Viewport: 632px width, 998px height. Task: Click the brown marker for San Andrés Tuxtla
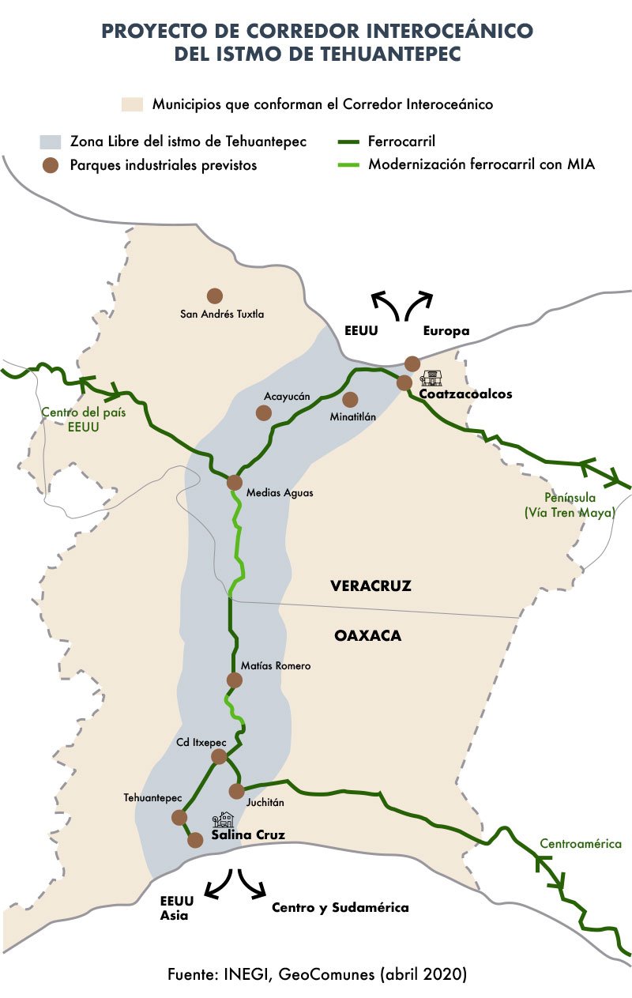pyautogui.click(x=214, y=296)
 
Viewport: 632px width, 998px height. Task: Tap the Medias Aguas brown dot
pyautogui.click(x=235, y=482)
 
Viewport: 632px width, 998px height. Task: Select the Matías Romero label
pyautogui.click(x=281, y=666)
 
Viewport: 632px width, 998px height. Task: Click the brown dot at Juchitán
pyautogui.click(x=235, y=791)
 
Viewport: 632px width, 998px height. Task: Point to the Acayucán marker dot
pyautogui.click(x=264, y=412)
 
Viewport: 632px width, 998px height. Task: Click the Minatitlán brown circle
pyautogui.click(x=350, y=400)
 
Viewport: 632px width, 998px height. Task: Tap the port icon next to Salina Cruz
pyautogui.click(x=226, y=819)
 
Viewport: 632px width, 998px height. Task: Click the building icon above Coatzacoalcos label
pyautogui.click(x=431, y=377)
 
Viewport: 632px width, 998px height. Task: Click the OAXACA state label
pyautogui.click(x=367, y=635)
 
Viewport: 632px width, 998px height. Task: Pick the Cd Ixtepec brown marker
pyautogui.click(x=220, y=757)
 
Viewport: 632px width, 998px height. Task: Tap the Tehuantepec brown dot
pyautogui.click(x=179, y=817)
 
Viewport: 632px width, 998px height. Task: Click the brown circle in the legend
pyautogui.click(x=51, y=165)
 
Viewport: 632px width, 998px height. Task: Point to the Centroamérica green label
pyautogui.click(x=581, y=844)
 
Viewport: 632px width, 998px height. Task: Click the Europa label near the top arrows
pyautogui.click(x=446, y=331)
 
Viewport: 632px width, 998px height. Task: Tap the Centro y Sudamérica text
pyautogui.click(x=340, y=907)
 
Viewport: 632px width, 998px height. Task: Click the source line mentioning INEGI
pyautogui.click(x=317, y=974)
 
